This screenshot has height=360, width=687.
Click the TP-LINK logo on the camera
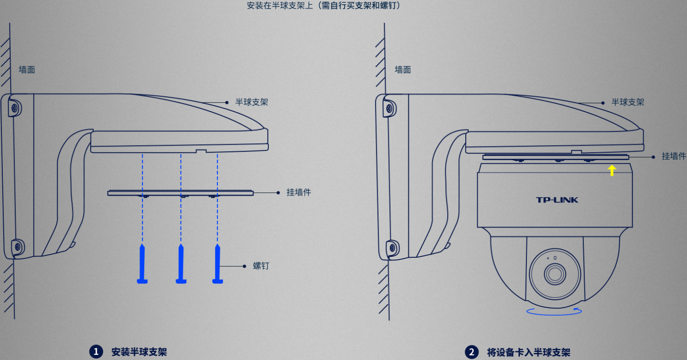pyautogui.click(x=557, y=200)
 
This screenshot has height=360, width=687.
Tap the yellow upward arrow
pyautogui.click(x=612, y=170)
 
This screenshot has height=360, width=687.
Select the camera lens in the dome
pyautogui.click(x=555, y=274)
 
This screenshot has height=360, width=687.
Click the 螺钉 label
pyautogui.click(x=261, y=266)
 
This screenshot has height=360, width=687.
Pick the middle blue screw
pyautogui.click(x=181, y=264)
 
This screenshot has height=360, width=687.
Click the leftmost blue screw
pyautogui.click(x=142, y=264)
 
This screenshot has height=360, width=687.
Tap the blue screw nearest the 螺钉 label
pyautogui.click(x=218, y=264)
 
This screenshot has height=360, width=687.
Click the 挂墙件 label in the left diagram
pyautogui.click(x=299, y=192)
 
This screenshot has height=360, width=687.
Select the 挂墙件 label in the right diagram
pyautogui.click(x=674, y=156)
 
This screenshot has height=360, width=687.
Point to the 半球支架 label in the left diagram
pyautogui.click(x=252, y=102)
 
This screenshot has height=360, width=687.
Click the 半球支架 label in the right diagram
pyautogui.click(x=628, y=102)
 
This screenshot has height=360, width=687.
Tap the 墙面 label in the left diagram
pyautogui.click(x=27, y=70)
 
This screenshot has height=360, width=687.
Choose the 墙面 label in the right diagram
pyautogui.click(x=403, y=70)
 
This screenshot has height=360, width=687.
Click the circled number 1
pyautogui.click(x=96, y=352)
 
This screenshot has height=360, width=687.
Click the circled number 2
pyautogui.click(x=472, y=352)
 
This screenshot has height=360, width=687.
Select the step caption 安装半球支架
pyautogui.click(x=139, y=352)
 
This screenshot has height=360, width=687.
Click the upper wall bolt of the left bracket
pyautogui.click(x=15, y=108)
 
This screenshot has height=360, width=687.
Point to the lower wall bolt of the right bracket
pyautogui.click(x=392, y=247)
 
